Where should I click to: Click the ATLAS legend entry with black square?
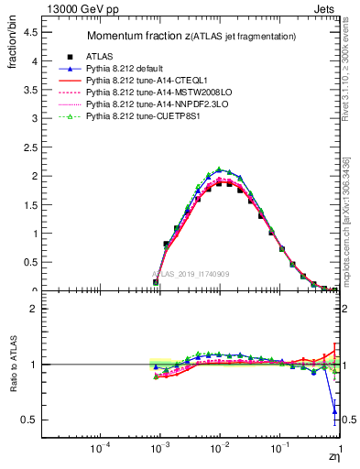point(101,56)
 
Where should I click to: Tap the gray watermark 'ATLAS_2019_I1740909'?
point(191,274)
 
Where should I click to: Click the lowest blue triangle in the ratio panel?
point(334,409)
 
